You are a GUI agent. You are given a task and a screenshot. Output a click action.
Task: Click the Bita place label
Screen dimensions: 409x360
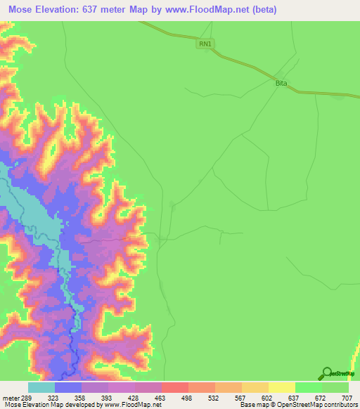click(281, 83)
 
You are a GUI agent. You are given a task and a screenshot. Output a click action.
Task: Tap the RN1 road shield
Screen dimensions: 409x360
click(205, 44)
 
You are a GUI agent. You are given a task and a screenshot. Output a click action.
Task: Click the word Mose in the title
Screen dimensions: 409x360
click(22, 10)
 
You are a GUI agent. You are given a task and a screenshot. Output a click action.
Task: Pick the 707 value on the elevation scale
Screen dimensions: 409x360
click(348, 398)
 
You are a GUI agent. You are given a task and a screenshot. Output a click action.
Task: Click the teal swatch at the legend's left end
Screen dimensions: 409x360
click(41, 387)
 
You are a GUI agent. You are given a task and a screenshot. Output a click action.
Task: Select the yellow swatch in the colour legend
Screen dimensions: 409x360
click(281, 387)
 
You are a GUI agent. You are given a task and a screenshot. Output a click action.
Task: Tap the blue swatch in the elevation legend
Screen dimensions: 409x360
click(68, 387)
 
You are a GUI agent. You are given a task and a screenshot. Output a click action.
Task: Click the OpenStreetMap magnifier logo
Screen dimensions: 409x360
click(327, 372)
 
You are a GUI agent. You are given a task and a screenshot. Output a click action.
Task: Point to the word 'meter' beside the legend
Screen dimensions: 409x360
click(10, 398)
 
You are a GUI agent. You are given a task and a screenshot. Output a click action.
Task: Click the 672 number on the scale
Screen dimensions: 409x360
click(321, 398)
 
